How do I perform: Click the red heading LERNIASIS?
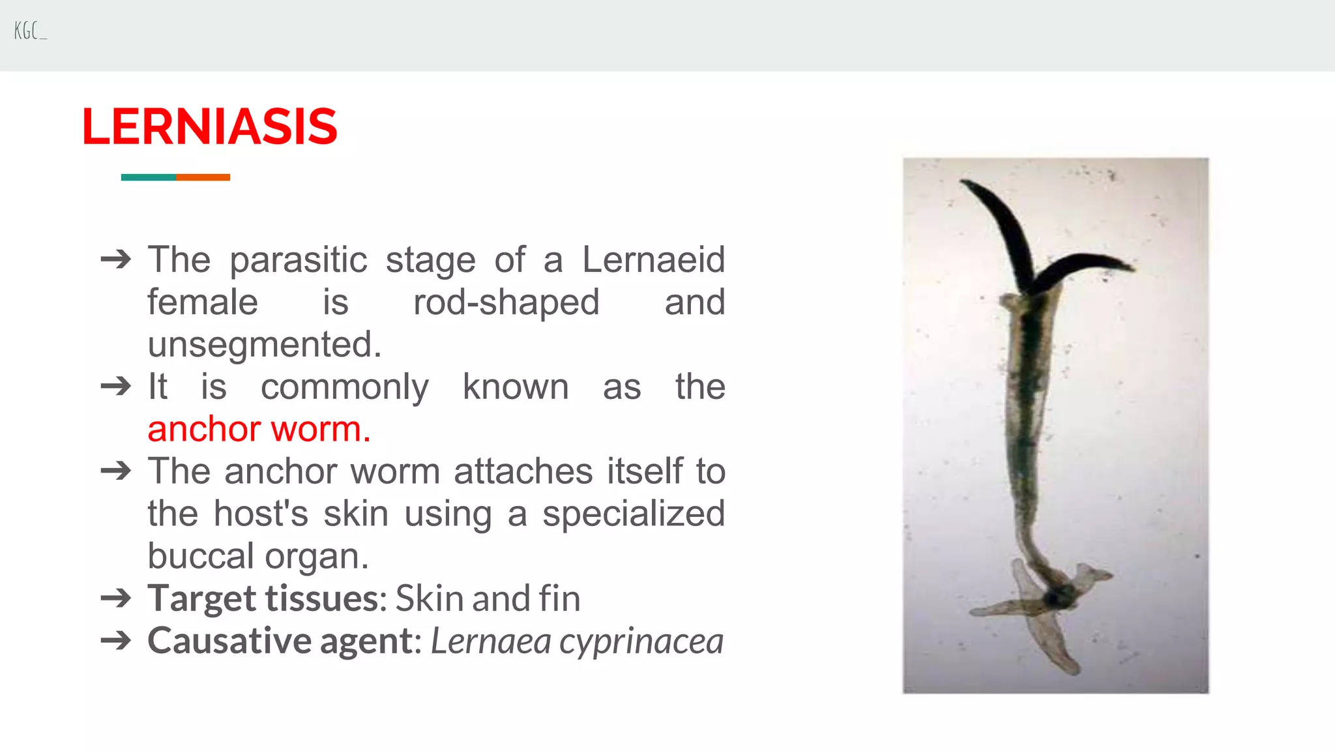pyautogui.click(x=209, y=126)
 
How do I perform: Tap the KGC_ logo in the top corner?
pyautogui.click(x=30, y=31)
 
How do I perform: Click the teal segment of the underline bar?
pyautogui.click(x=148, y=177)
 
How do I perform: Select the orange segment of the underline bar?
pyautogui.click(x=203, y=177)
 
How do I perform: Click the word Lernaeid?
pyautogui.click(x=653, y=259)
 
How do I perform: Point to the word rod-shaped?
pyautogui.click(x=506, y=302)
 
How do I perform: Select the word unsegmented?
pyautogui.click(x=264, y=344)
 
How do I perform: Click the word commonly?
pyautogui.click(x=345, y=387)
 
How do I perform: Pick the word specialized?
pyautogui.click(x=634, y=514)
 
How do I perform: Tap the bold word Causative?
pyautogui.click(x=228, y=641)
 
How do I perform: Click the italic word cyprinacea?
pyautogui.click(x=641, y=641)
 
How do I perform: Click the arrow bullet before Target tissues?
pyautogui.click(x=116, y=598)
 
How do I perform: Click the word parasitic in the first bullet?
pyautogui.click(x=299, y=259)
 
